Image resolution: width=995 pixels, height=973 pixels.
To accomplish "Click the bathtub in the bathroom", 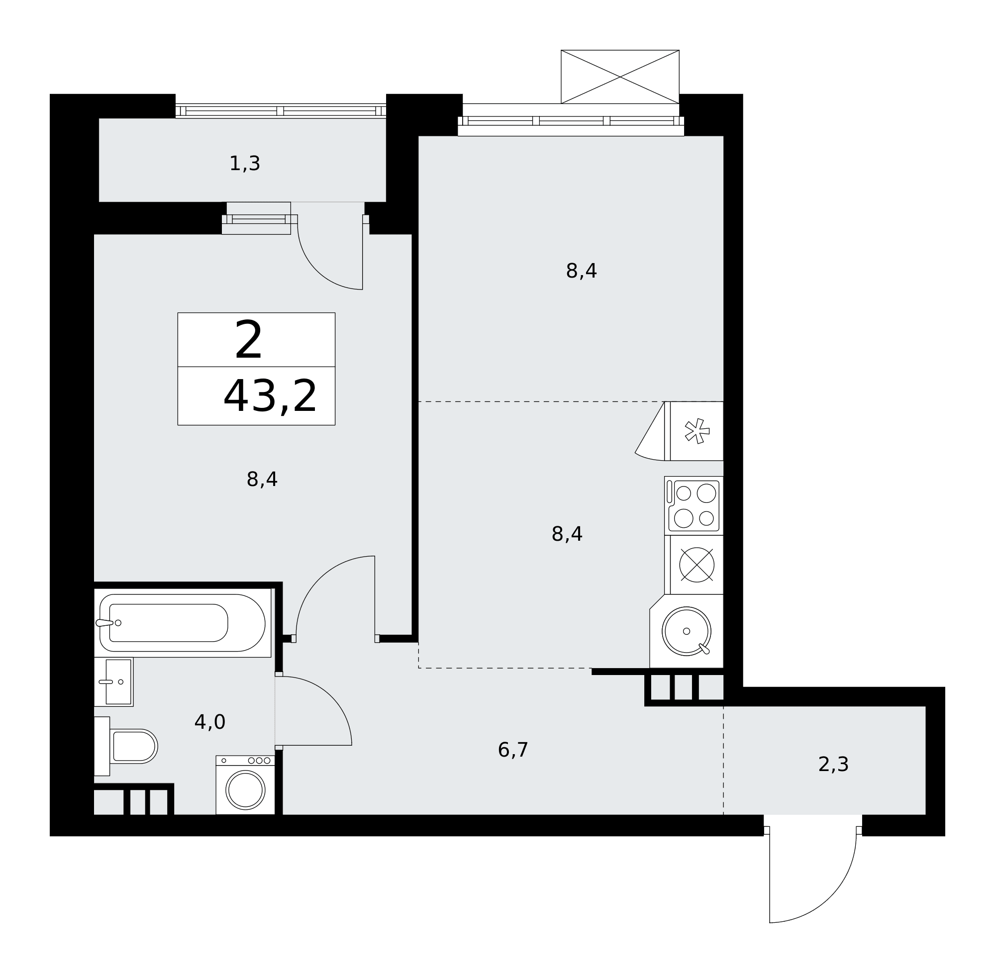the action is click(x=183, y=623).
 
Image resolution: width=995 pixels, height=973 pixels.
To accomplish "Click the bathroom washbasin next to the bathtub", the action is click(x=114, y=681).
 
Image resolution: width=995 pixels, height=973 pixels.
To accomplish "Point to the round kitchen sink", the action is click(x=687, y=631).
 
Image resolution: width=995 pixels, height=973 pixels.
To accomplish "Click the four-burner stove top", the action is click(x=694, y=506).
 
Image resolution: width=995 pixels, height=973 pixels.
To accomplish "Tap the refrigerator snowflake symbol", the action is click(x=697, y=431).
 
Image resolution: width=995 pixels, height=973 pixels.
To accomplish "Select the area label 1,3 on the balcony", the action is click(x=245, y=164).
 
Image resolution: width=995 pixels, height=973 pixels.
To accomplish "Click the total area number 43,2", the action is click(x=270, y=396).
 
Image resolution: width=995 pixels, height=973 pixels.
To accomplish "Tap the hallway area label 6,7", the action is click(x=512, y=750).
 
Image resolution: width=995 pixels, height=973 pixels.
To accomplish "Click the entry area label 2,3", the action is click(x=833, y=765).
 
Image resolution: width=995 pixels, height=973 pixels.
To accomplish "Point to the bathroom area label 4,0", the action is click(x=209, y=722).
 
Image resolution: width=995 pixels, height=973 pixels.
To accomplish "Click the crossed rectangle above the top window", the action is click(x=620, y=77).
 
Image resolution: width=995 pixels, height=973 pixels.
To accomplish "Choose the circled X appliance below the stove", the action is click(x=696, y=565).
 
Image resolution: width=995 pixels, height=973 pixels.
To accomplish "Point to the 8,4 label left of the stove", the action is click(x=567, y=534).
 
